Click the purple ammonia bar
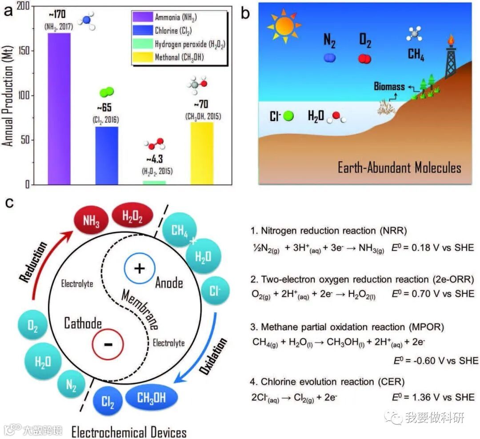(x=59, y=109)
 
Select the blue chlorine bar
(x=107, y=156)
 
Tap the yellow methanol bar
(x=201, y=153)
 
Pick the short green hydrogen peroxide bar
(x=154, y=182)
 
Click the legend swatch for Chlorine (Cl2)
(x=142, y=31)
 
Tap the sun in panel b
(x=284, y=26)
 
